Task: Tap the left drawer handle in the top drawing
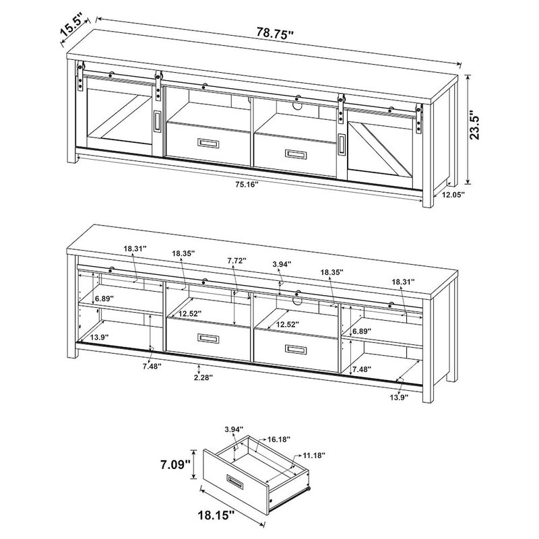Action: tap(208, 143)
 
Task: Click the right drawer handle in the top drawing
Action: tap(295, 154)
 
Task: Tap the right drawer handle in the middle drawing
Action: tap(294, 349)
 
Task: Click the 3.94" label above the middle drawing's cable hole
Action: tap(281, 265)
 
